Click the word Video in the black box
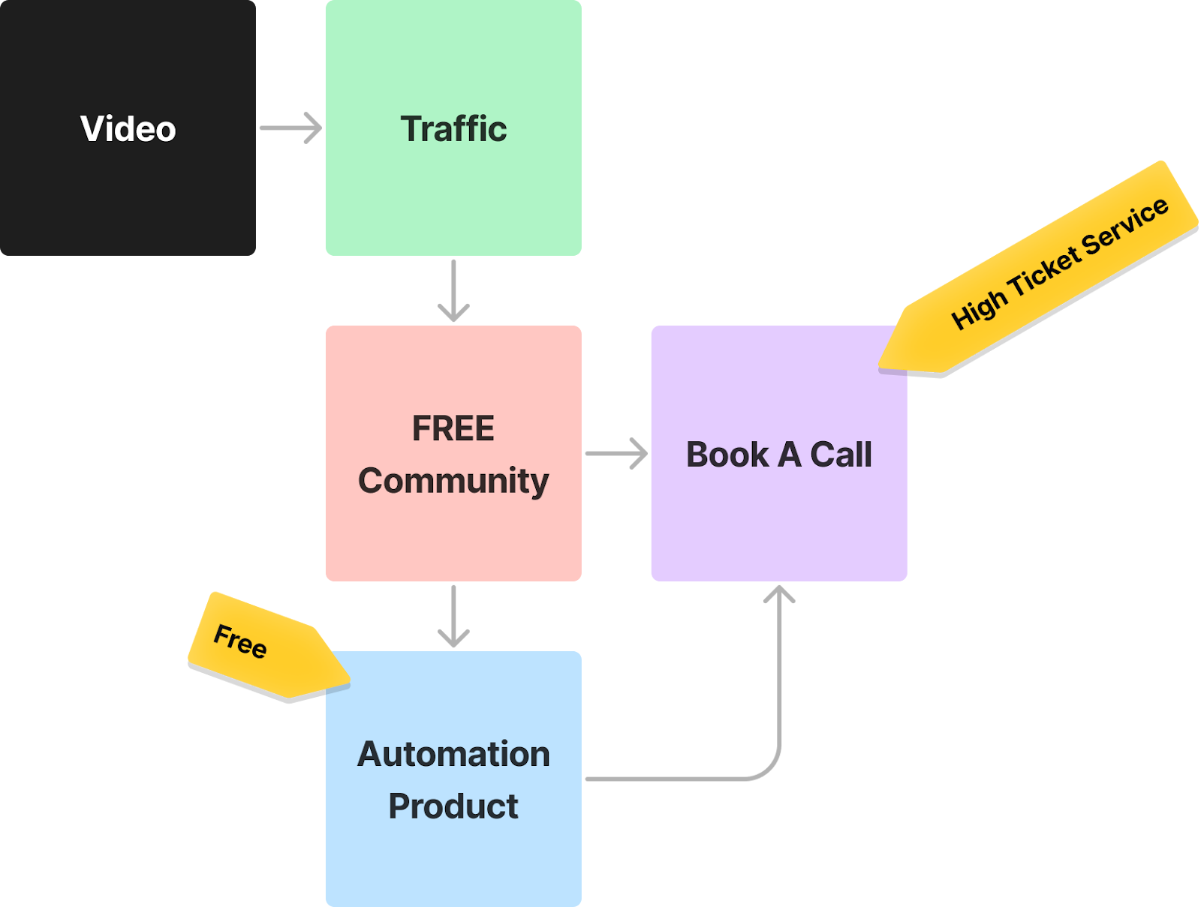tap(128, 129)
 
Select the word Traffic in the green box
tap(453, 129)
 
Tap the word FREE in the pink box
tap(453, 429)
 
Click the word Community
tap(453, 481)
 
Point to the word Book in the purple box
tap(727, 455)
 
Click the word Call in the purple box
tap(841, 455)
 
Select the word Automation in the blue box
tap(453, 754)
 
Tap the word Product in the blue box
tap(453, 806)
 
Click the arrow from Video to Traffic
tap(290, 128)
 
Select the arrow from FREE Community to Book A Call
tap(616, 453)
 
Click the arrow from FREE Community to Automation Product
tap(453, 616)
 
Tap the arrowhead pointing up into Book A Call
tap(780, 594)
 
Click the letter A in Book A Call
tap(789, 455)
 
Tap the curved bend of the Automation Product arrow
tap(770, 770)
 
